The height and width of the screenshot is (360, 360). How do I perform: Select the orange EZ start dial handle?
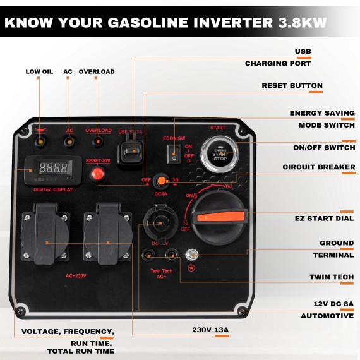tap(220, 217)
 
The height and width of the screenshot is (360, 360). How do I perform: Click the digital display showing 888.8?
tap(53, 169)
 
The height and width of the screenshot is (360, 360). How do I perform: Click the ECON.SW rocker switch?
tap(175, 152)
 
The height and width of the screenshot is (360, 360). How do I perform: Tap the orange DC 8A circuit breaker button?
tap(162, 181)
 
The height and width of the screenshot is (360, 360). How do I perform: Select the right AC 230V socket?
tap(108, 237)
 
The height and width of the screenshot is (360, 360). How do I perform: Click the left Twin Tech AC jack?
tap(148, 255)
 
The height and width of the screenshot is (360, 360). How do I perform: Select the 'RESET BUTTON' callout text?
tap(292, 85)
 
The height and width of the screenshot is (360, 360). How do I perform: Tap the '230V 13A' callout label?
tap(210, 329)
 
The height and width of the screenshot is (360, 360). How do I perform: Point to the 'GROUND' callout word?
tap(336, 243)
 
